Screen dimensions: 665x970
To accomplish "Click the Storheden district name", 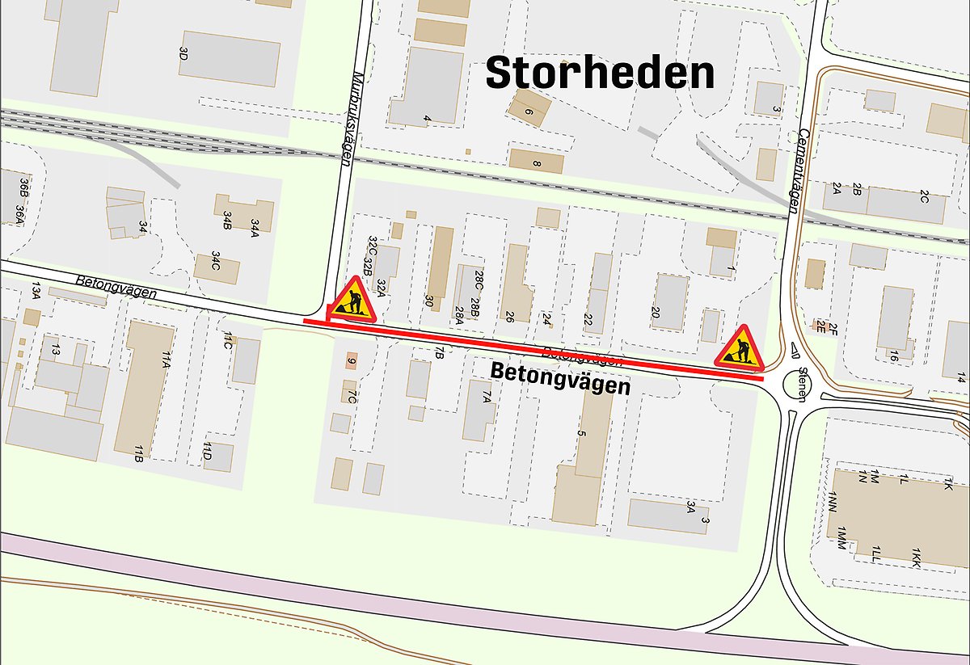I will pyautogui.click(x=600, y=74).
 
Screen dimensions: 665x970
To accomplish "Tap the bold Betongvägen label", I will pyautogui.click(x=560, y=380).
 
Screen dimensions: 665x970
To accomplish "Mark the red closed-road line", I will pyautogui.click(x=533, y=348).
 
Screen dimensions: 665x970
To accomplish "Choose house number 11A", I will pyautogui.click(x=165, y=360).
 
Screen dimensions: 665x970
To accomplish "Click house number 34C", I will pyautogui.click(x=216, y=260).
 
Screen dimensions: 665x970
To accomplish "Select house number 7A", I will pyautogui.click(x=487, y=396).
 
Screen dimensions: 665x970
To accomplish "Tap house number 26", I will pyautogui.click(x=509, y=316).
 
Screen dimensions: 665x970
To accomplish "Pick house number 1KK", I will pyautogui.click(x=916, y=557).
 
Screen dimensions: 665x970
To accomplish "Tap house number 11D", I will pyautogui.click(x=208, y=451).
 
